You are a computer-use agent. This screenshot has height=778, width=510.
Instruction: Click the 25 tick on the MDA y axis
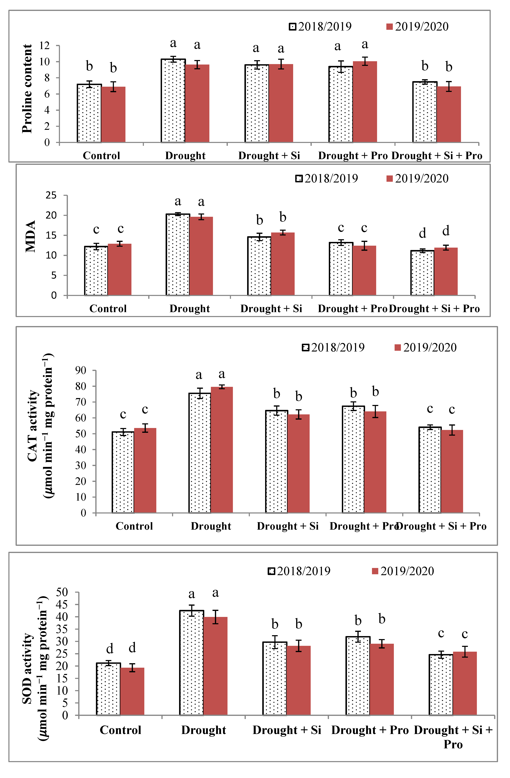pyautogui.click(x=51, y=196)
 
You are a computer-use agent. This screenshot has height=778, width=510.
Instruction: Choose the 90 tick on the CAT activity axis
pyautogui.click(x=80, y=370)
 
